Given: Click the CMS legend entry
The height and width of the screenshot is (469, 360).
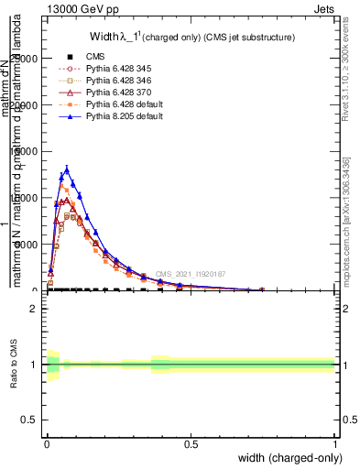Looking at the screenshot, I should pos(96,56).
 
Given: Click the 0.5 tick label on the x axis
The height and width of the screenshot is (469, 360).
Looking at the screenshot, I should pos(191,443).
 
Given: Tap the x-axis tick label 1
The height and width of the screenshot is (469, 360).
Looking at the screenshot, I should pos(334,443).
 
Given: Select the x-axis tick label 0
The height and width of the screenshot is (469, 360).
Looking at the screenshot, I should pos(46,443).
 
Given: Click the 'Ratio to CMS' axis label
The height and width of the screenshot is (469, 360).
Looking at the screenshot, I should pos(15,365).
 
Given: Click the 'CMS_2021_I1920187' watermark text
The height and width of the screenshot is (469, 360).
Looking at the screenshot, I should pos(191,274).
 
